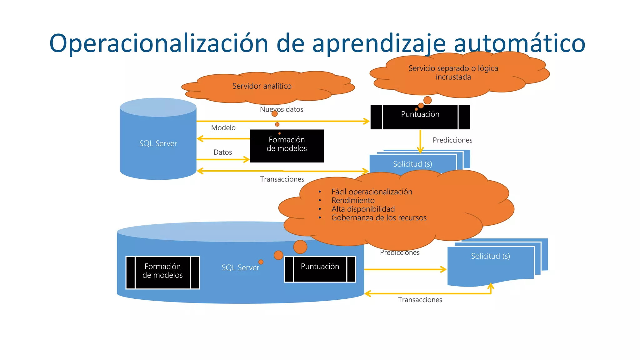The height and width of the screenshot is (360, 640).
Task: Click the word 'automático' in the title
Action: point(519,43)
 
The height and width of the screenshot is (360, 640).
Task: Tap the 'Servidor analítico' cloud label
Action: point(262,86)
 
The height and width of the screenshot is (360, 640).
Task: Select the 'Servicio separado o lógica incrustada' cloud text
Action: point(453,72)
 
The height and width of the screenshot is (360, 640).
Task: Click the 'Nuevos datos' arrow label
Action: point(282,109)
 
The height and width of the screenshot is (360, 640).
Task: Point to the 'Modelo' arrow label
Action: point(223,127)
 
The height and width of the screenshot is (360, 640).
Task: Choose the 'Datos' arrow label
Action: point(222,152)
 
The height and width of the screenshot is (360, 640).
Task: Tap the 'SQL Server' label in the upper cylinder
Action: point(158,143)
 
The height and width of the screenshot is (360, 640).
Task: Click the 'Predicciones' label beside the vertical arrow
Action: point(452,140)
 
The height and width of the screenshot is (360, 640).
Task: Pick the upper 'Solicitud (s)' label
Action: point(412,164)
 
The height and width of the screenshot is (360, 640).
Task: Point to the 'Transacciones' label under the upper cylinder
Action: point(282,179)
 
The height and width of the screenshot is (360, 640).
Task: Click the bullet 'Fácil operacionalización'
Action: point(372,192)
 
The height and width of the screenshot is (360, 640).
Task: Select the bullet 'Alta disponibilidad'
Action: point(363,209)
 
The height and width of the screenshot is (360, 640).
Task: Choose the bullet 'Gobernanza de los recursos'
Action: point(379,217)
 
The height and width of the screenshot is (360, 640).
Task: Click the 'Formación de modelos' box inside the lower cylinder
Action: point(162,271)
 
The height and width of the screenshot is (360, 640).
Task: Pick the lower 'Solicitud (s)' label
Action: point(490,256)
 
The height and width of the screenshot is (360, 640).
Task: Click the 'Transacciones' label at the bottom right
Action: point(420,300)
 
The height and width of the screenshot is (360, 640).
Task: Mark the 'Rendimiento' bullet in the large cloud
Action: point(353,200)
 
